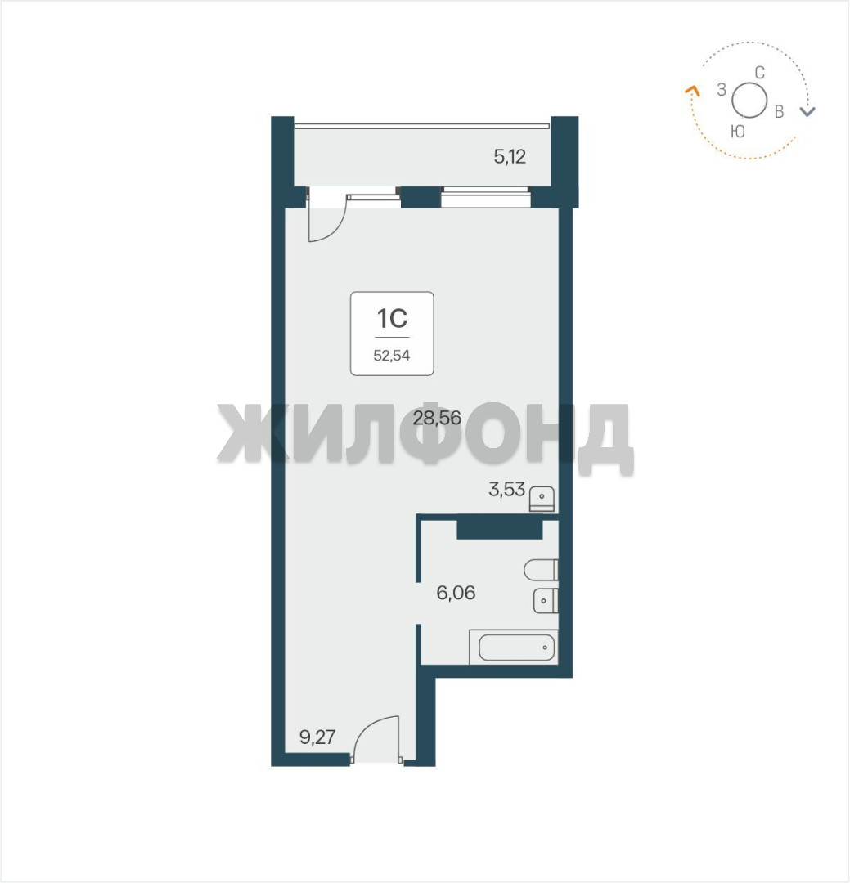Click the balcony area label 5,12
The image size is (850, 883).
click(510, 156)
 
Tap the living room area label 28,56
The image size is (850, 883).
click(437, 418)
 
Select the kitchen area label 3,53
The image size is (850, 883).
click(506, 490)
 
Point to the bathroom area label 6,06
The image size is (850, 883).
click(456, 593)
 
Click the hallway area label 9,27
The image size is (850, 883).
click(317, 737)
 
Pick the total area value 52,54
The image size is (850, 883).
click(392, 356)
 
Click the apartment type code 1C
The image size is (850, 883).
click(392, 319)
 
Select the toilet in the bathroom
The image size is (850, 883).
click(541, 570)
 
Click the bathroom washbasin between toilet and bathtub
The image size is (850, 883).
click(545, 600)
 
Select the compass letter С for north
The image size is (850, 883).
click(759, 73)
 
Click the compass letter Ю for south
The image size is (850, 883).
click(738, 131)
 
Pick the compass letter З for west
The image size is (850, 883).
click(722, 90)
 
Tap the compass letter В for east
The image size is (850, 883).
click(779, 111)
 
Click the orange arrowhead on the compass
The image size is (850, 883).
click(692, 91)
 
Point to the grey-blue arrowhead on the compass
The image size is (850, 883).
click(808, 111)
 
